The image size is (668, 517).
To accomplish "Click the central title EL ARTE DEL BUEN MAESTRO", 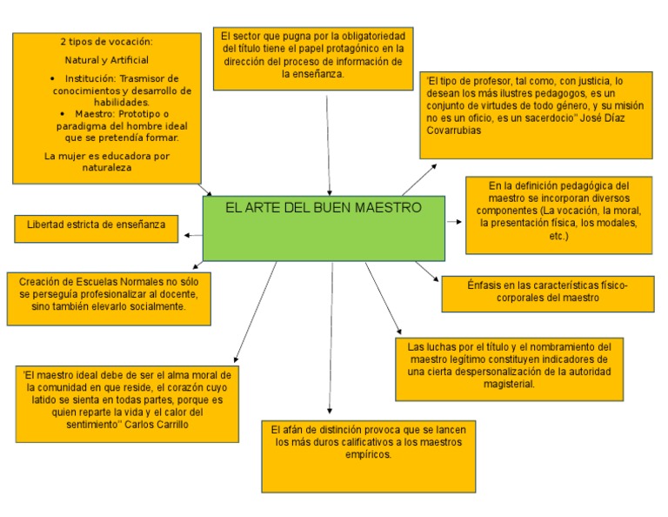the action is click(x=324, y=208).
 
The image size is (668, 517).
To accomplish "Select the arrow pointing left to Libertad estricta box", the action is click(x=190, y=233).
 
